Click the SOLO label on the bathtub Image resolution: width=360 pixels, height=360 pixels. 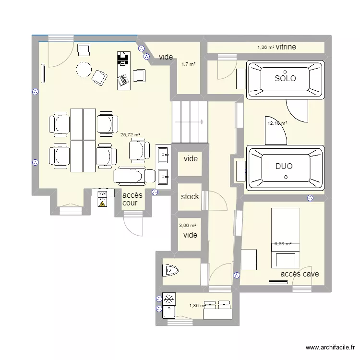coord(286,78)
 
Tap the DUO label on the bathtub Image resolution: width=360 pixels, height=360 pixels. coord(284,166)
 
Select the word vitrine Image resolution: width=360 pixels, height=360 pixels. coord(286,47)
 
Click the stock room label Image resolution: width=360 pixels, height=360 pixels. coord(190,196)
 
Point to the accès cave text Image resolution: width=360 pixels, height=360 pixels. coord(300,274)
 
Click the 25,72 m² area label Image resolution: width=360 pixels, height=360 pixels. coord(130,135)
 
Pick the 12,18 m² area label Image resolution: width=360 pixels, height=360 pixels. coord(277,123)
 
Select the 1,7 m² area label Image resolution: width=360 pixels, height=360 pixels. coord(189,64)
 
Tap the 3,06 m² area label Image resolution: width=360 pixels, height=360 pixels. coord(188,226)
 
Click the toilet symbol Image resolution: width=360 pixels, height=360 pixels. coord(170,270)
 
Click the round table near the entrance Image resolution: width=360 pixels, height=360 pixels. coord(84,70)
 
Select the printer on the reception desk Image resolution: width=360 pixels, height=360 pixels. coord(123,58)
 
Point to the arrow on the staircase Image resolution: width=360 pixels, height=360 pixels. coord(190,122)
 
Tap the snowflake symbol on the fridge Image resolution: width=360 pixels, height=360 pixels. coord(169,299)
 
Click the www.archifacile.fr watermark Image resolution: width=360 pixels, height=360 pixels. coord(330,348)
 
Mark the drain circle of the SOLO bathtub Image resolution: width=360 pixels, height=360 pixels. coord(285,72)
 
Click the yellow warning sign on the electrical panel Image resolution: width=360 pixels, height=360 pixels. coord(102,203)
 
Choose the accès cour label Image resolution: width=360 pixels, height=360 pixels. coord(132,199)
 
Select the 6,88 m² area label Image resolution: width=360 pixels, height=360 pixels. coord(283,244)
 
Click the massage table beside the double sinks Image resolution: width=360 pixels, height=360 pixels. coord(134,176)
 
